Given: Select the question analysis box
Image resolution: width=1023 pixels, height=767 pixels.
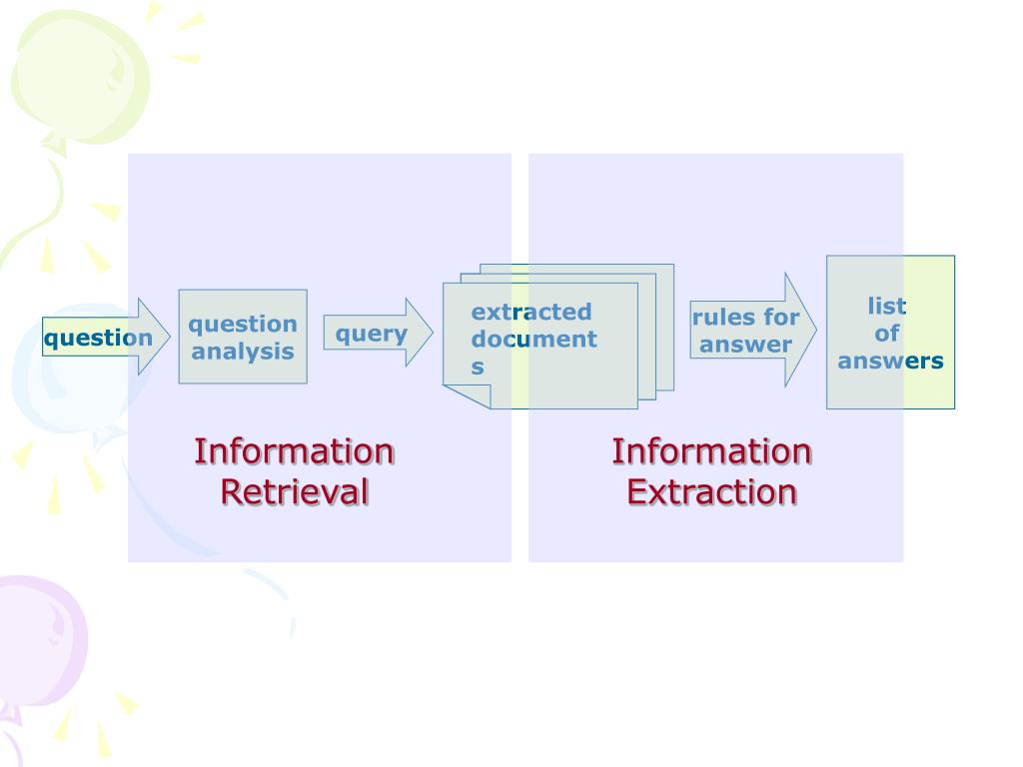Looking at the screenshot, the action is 243,337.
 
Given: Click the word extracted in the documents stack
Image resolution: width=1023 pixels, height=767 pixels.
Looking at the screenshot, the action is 531,312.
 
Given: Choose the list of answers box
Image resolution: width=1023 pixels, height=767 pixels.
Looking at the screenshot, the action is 890,333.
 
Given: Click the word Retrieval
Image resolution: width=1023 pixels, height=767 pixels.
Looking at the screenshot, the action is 295,492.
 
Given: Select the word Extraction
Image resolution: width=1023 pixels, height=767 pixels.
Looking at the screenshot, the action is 711,492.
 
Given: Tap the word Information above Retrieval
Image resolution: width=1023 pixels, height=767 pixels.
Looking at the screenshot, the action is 295,451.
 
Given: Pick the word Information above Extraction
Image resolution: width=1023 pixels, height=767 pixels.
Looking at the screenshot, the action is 711,451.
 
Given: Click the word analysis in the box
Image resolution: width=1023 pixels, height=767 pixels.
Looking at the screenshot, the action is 243,352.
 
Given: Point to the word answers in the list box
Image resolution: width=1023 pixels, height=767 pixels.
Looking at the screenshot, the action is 890,362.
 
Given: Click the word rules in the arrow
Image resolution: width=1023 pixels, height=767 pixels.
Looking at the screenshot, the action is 724,318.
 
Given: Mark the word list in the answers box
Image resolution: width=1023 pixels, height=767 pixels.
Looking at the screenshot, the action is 887,306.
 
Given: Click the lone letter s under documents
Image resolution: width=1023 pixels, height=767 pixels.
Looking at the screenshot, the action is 478,368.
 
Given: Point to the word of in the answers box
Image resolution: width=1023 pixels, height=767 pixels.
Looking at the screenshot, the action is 887,334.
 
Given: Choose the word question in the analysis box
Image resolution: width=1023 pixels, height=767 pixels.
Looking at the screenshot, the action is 243,324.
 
